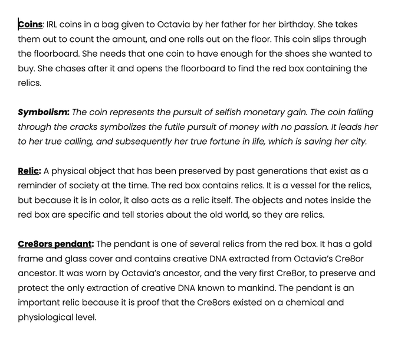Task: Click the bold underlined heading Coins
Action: coord(30,24)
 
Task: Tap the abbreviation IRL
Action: coord(54,24)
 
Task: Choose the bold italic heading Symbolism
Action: coord(44,112)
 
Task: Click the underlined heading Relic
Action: coord(28,171)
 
